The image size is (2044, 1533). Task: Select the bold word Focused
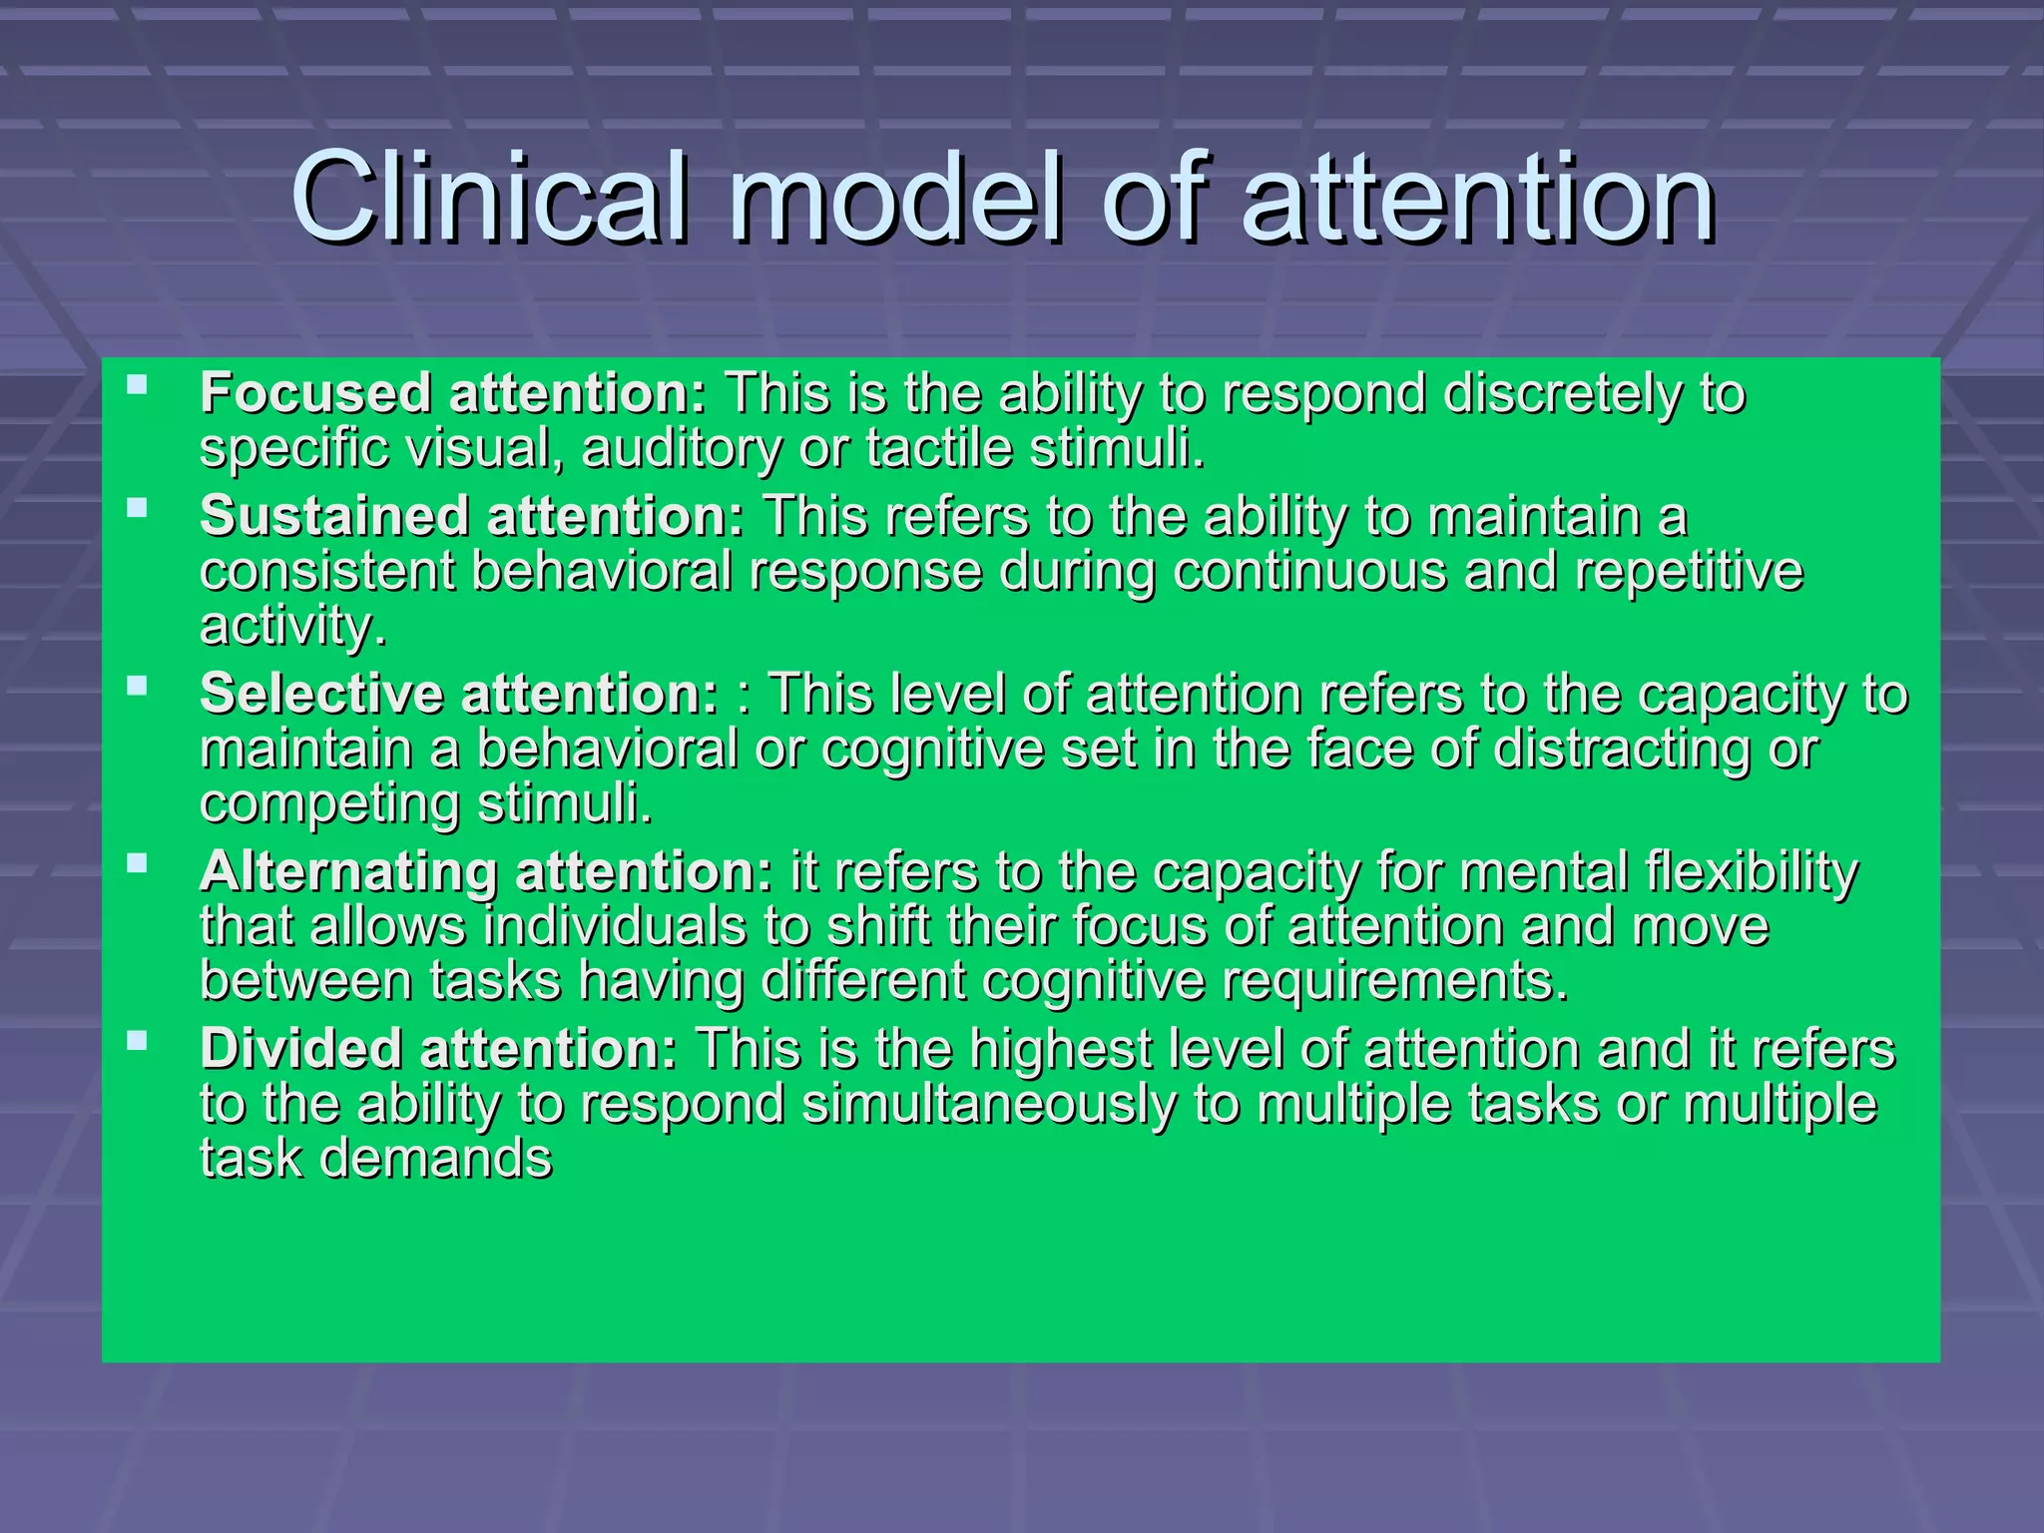(x=315, y=393)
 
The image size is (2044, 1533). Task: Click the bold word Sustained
(x=334, y=517)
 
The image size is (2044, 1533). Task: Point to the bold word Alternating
(x=347, y=872)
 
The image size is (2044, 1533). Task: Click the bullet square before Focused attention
(x=138, y=383)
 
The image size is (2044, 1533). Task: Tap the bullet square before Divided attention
(x=138, y=1041)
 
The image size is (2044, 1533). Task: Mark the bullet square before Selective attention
(x=138, y=685)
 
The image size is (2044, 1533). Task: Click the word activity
(x=292, y=627)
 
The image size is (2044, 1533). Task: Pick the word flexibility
(x=1752, y=872)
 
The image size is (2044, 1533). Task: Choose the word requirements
(x=1395, y=980)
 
